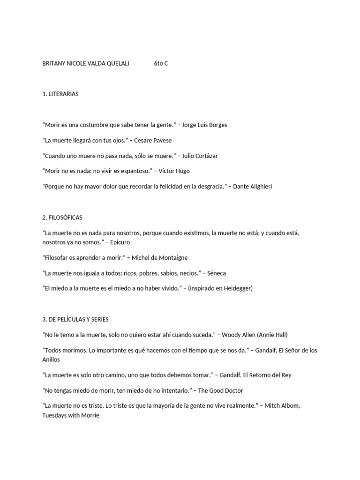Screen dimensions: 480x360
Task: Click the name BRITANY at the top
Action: pos(54,63)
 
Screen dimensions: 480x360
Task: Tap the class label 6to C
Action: pos(161,63)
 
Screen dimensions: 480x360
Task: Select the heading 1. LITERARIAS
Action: pos(60,94)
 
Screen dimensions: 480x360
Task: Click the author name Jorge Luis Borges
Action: pos(204,125)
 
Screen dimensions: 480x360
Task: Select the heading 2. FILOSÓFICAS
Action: pos(62,217)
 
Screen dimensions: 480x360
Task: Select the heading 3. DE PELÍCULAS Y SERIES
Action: pos(75,319)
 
